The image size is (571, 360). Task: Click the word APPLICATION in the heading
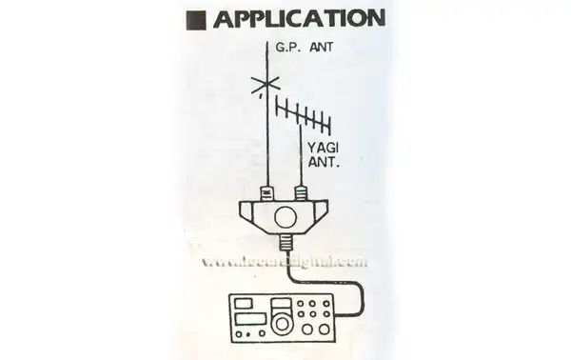[300, 18]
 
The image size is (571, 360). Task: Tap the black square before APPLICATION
[198, 19]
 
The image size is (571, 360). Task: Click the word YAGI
[324, 148]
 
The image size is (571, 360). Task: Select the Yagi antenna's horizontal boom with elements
[303, 111]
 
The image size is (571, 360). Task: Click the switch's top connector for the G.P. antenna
[266, 193]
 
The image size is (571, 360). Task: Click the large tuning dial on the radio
[281, 324]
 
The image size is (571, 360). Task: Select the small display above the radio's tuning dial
[281, 304]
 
